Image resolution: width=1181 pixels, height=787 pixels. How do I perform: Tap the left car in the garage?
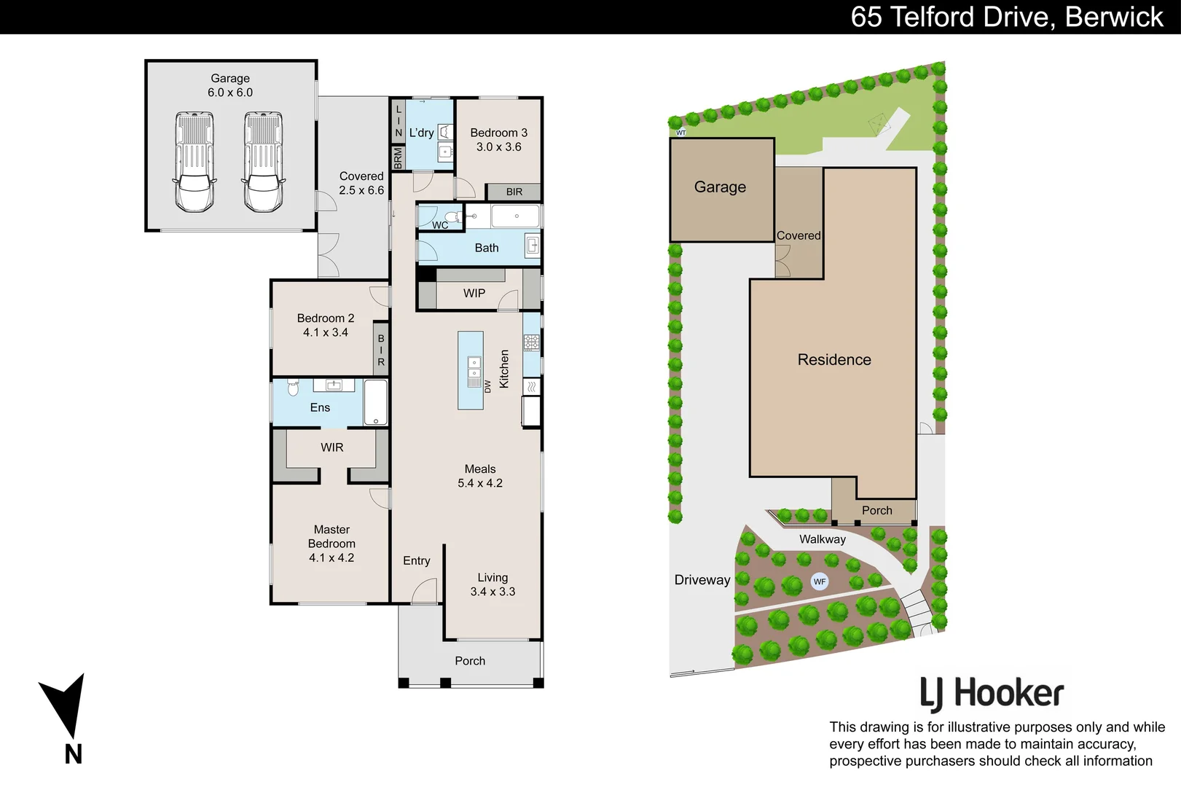(x=195, y=162)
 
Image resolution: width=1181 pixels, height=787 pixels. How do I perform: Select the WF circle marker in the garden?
(x=820, y=582)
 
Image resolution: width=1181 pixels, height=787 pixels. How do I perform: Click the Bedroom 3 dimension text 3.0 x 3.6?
(x=499, y=146)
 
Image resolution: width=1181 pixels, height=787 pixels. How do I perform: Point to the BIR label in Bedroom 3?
(x=514, y=192)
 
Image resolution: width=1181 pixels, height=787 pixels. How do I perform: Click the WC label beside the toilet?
(x=440, y=225)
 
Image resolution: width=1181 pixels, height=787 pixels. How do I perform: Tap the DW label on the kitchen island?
(x=488, y=386)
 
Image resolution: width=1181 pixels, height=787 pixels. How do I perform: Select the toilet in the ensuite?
(x=294, y=386)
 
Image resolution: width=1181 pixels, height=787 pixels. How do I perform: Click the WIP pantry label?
(x=474, y=293)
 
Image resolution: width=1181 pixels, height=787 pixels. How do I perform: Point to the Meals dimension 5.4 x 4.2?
(x=480, y=483)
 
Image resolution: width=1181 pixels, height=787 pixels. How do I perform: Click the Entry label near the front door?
(x=417, y=560)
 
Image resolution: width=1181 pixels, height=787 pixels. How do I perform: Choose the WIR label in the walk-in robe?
(x=332, y=447)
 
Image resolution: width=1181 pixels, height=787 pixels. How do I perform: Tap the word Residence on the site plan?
(x=834, y=360)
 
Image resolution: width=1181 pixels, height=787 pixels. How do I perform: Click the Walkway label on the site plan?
(x=823, y=539)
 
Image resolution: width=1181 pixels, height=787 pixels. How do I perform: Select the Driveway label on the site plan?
(x=702, y=580)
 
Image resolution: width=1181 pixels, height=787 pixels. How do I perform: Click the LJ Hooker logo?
(x=992, y=694)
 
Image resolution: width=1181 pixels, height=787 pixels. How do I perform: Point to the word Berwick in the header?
(x=1114, y=17)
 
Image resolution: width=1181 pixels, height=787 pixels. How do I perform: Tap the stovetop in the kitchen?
(x=532, y=342)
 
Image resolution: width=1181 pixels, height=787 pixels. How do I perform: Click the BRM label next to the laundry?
(x=398, y=157)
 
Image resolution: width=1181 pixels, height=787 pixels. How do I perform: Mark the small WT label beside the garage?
(x=681, y=133)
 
